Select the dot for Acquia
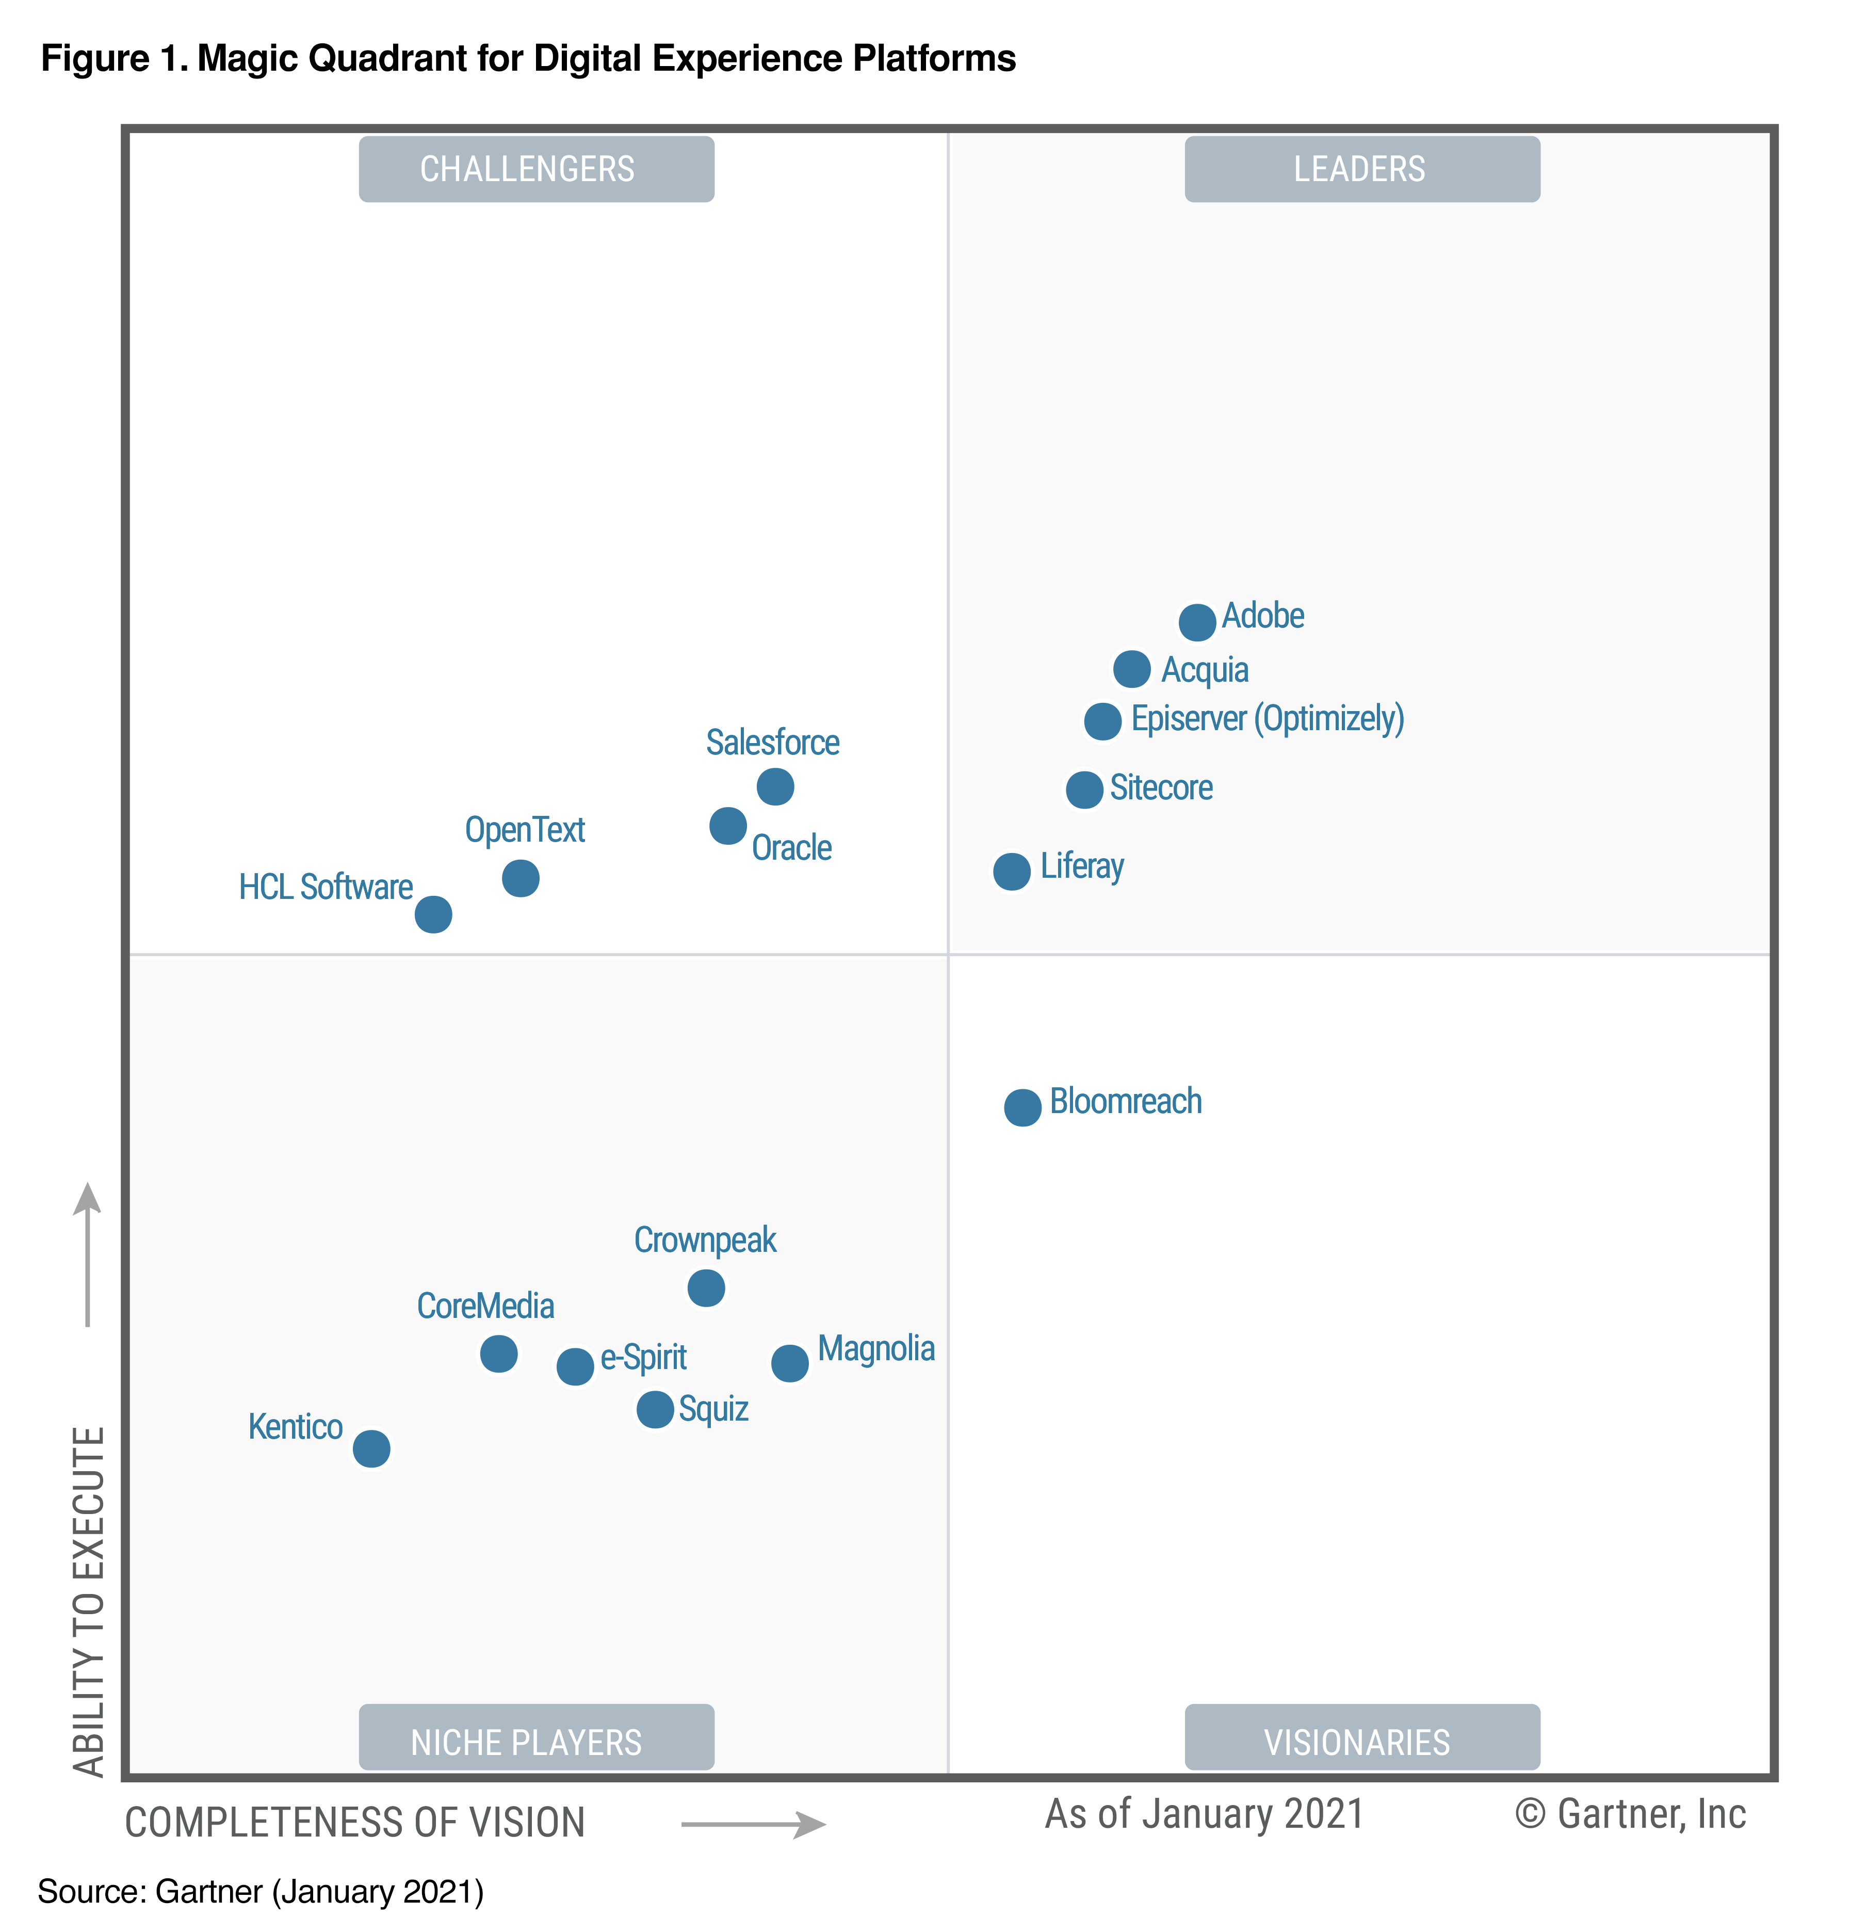point(1131,669)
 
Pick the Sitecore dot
point(1084,790)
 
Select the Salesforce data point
point(775,786)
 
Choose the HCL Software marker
point(433,915)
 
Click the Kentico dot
point(370,1449)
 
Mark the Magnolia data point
point(789,1363)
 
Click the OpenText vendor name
point(524,830)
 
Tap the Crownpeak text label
point(705,1240)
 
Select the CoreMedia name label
point(485,1306)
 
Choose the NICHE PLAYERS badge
point(536,1742)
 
